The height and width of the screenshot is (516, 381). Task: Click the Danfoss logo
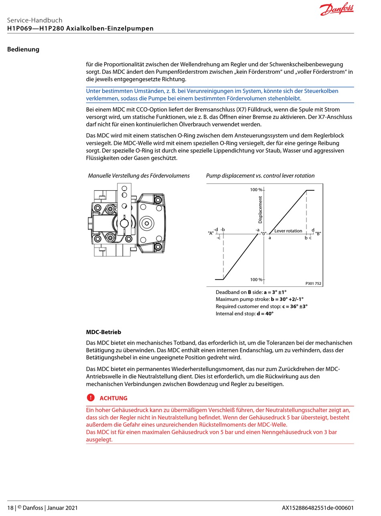point(337,10)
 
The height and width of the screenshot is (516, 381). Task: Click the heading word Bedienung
point(23,50)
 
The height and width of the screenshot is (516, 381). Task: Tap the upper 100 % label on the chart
point(256,189)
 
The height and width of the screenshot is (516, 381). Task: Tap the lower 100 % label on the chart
point(256,280)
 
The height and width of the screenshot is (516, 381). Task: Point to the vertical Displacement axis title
point(260,210)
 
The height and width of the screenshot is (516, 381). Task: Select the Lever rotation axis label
point(288,231)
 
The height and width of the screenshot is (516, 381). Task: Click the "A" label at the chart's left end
point(211,233)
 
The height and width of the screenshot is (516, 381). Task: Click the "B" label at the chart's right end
point(318,233)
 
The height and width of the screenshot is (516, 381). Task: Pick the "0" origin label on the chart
point(263,233)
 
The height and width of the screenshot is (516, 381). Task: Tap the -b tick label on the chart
point(223,230)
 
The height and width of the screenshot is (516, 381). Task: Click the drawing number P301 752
point(313,284)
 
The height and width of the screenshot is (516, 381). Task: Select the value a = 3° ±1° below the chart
point(275,292)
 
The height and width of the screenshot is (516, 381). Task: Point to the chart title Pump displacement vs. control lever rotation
point(260,176)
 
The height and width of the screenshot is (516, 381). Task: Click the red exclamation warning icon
point(90,398)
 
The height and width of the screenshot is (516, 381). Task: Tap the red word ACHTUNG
point(113,398)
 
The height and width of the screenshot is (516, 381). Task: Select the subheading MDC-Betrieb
point(103,333)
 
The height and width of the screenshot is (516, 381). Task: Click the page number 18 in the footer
point(10,508)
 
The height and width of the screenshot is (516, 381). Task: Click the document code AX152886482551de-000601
point(318,508)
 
